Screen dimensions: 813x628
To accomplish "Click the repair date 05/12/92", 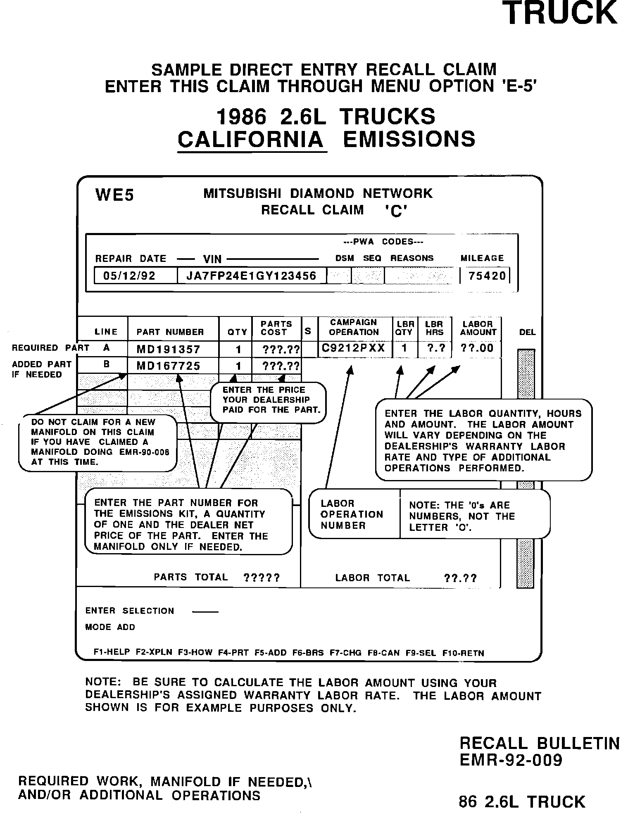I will click(x=129, y=276).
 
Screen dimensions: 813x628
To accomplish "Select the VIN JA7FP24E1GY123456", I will click(x=251, y=276).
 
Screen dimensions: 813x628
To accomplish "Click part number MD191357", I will click(x=168, y=349).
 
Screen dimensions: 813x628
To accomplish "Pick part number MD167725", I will click(x=168, y=366).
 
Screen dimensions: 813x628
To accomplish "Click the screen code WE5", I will click(x=114, y=195).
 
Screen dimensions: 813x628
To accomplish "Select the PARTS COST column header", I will click(x=276, y=328).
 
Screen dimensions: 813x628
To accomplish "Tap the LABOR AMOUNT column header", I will click(x=478, y=328).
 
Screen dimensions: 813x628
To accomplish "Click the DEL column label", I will click(x=527, y=332).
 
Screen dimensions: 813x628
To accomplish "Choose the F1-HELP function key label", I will click(x=112, y=653).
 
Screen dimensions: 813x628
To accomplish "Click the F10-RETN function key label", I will click(x=463, y=653).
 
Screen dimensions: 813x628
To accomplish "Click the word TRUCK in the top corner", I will click(x=562, y=13).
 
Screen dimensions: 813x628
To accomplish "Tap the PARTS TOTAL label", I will click(x=190, y=577).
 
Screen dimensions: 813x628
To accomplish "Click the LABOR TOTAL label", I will click(x=372, y=578).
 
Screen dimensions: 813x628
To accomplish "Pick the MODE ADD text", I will click(x=110, y=627).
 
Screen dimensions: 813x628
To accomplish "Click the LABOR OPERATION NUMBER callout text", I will click(x=352, y=515).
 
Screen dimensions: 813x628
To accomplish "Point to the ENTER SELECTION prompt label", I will click(x=130, y=611).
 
